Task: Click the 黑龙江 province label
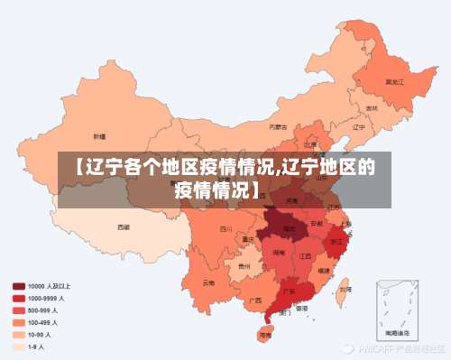pos(394,81)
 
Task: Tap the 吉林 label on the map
pos(372,107)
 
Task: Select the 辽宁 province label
pos(358,127)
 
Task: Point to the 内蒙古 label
pos(281,127)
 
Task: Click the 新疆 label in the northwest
pos(99,135)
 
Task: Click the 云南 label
pos(209,282)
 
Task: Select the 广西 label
pos(256,300)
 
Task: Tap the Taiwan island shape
pos(342,288)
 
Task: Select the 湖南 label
pos(279,254)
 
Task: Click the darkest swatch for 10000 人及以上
pos(18,286)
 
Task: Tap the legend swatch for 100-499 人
pos(18,321)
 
